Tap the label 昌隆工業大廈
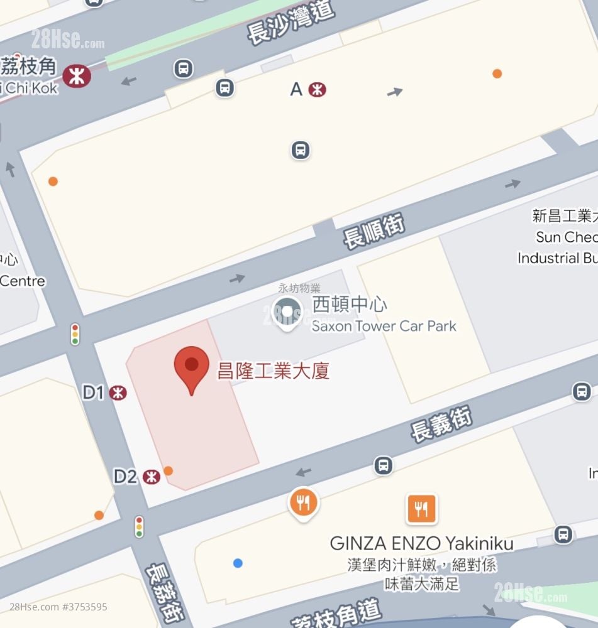click(x=273, y=371)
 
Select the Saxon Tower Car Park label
click(x=384, y=326)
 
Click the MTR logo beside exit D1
click(x=118, y=393)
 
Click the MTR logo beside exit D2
click(x=151, y=477)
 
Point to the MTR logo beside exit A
click(x=318, y=90)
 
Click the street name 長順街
click(x=374, y=230)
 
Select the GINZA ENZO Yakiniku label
click(x=421, y=543)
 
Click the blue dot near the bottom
click(x=238, y=563)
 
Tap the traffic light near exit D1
click(x=75, y=334)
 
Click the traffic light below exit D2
click(x=139, y=526)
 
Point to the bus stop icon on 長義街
click(x=383, y=465)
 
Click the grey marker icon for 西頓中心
click(x=287, y=312)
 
